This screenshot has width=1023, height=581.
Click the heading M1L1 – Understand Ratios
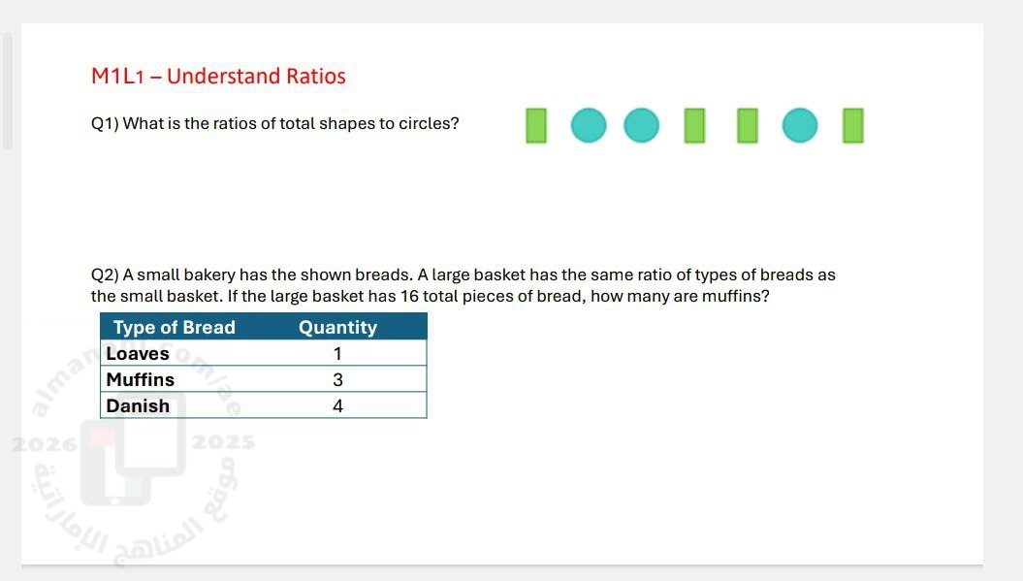(x=218, y=76)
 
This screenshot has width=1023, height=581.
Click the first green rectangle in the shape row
(x=536, y=125)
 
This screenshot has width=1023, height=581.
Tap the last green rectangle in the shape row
(x=852, y=125)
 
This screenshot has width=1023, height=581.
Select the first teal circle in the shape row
(x=589, y=125)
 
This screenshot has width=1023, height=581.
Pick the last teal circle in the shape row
(x=800, y=125)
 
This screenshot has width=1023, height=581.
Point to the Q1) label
(x=105, y=124)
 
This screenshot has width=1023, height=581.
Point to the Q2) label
(x=105, y=274)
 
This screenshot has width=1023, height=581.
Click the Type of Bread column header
(x=175, y=327)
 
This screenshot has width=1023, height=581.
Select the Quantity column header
(x=338, y=327)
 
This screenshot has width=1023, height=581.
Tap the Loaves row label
(x=138, y=353)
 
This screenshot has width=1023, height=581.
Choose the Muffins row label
(x=141, y=379)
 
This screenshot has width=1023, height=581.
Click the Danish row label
(x=138, y=405)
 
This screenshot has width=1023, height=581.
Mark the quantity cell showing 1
(x=337, y=353)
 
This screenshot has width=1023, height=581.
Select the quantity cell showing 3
(x=337, y=379)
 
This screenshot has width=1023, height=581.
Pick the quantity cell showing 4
(x=337, y=405)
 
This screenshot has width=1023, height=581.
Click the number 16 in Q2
(x=409, y=296)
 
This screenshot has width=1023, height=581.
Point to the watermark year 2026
(x=44, y=445)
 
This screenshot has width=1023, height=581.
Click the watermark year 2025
(x=223, y=442)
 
